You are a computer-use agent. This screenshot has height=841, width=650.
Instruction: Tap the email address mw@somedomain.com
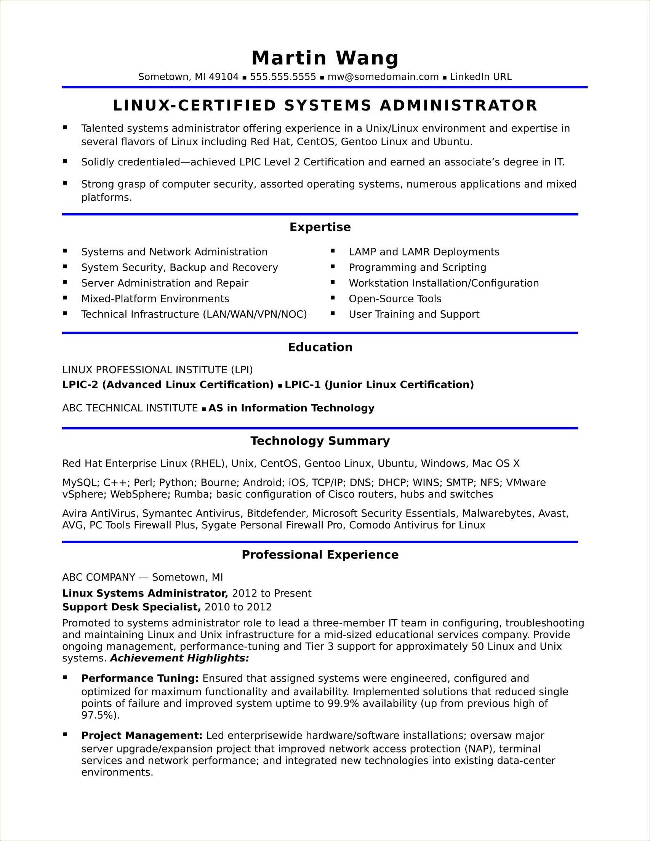[383, 77]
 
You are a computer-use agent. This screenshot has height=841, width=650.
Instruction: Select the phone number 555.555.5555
[283, 77]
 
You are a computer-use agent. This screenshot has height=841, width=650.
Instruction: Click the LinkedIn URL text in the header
[481, 77]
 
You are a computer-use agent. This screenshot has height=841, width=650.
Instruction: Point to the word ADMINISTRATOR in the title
[458, 106]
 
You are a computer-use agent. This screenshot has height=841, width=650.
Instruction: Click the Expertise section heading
[320, 227]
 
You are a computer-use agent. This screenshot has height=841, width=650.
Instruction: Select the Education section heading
[320, 347]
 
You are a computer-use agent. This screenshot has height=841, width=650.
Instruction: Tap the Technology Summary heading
[320, 441]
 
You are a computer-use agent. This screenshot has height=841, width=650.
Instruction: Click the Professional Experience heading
[320, 555]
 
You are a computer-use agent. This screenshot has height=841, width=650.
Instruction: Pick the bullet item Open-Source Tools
[395, 299]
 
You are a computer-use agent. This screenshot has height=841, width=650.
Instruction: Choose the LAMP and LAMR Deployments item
[424, 252]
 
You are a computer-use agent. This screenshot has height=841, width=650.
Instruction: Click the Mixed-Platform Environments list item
[155, 299]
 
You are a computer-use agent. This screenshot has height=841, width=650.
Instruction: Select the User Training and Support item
[414, 314]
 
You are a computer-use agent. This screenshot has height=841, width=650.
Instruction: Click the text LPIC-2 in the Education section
[80, 385]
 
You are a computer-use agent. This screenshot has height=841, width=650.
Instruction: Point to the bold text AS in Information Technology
[291, 408]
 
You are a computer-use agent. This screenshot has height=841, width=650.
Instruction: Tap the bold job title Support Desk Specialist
[131, 607]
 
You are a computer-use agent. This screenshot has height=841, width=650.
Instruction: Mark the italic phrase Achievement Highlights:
[179, 658]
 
